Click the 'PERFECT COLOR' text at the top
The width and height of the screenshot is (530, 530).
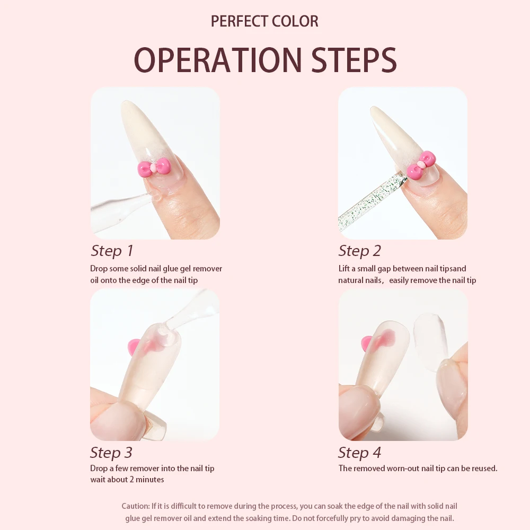click(x=264, y=21)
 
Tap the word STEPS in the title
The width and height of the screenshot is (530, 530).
click(x=350, y=60)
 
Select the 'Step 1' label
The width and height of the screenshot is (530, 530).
click(x=112, y=251)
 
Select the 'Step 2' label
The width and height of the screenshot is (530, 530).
click(x=360, y=251)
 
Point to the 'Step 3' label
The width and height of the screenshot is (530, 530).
click(x=111, y=453)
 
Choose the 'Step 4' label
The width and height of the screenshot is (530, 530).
click(x=359, y=453)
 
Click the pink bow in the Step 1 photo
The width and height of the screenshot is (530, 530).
click(x=154, y=167)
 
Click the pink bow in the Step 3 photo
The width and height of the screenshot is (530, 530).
click(x=136, y=347)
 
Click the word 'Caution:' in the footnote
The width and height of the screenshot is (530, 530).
click(x=136, y=507)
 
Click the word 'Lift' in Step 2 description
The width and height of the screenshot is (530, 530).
click(x=345, y=269)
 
